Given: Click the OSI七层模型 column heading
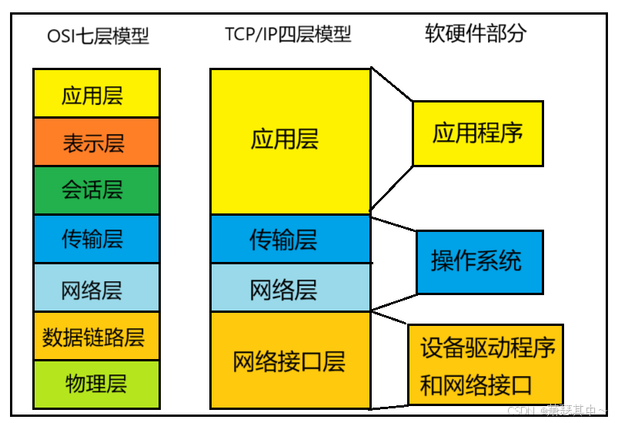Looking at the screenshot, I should [97, 35].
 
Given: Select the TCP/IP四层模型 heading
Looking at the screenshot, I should [288, 35].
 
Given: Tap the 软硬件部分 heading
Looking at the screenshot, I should [476, 33].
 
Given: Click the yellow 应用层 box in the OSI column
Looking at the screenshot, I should [96, 93].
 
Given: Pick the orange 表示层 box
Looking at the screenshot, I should [96, 142].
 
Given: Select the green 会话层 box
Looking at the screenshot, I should [96, 190].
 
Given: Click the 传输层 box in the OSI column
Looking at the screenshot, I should [96, 238].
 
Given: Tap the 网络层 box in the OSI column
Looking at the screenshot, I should [96, 287].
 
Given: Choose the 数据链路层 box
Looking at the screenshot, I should [96, 336].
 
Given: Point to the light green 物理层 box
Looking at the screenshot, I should [96, 384].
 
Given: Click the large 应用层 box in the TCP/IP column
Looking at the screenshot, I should [290, 140].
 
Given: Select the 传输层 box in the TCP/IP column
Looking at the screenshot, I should [290, 239].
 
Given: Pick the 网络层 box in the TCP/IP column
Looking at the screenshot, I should [290, 288].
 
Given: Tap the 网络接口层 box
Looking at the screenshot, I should [290, 360].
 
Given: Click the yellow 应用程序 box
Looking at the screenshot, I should [477, 133].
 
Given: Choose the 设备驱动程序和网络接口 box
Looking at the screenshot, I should [486, 364].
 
